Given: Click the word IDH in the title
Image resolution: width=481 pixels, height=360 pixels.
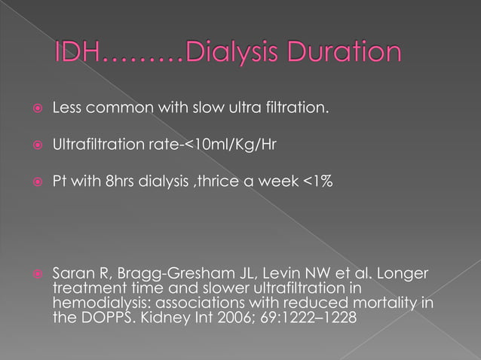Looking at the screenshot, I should point(80,53).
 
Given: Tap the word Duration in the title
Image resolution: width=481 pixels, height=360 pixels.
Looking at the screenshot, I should point(352,53).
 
